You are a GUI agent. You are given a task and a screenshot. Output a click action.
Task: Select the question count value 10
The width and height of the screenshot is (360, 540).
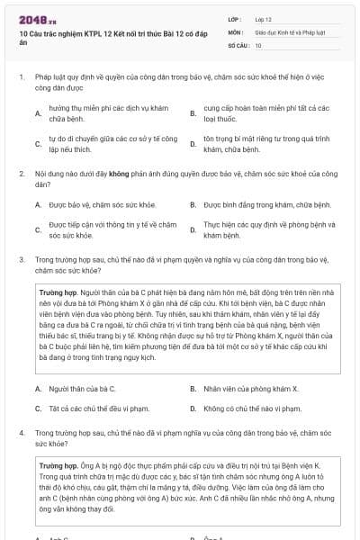tap(258, 44)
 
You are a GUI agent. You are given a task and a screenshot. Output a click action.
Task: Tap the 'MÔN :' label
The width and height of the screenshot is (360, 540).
tap(236, 31)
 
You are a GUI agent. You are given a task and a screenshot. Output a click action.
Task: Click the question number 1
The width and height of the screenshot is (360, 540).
tap(22, 78)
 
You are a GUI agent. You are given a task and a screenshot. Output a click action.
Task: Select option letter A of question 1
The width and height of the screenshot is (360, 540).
tap(39, 113)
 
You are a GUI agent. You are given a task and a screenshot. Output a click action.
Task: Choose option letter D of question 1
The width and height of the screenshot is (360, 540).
tap(193, 143)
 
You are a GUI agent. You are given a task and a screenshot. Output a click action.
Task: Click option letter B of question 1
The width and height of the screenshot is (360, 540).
tap(193, 113)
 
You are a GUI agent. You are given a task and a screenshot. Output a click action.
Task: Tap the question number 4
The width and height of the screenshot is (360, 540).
tap(22, 433)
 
